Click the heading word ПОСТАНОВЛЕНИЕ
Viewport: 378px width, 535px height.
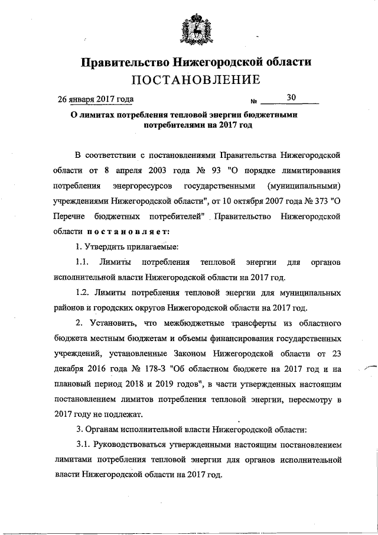pos(195,80)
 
